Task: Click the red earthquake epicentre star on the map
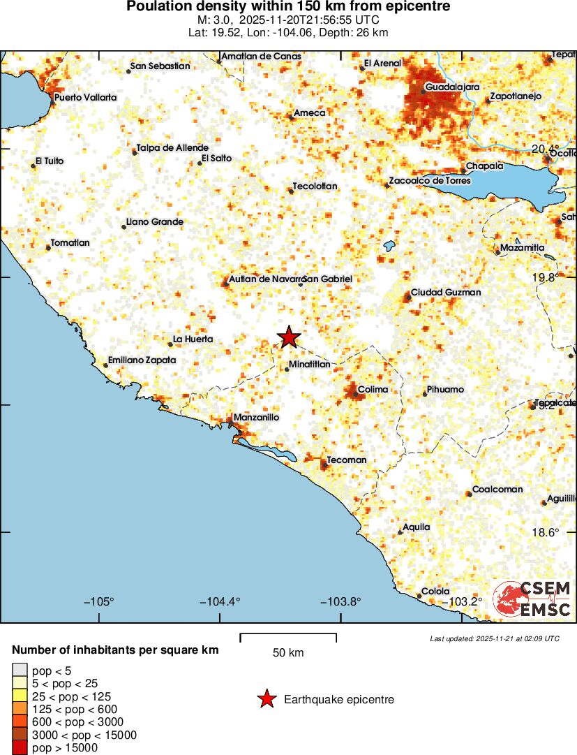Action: pos(289,337)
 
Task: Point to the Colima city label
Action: pos(373,390)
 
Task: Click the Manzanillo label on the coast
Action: pos(256,417)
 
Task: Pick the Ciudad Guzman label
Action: pos(446,292)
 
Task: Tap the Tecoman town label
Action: pos(347,460)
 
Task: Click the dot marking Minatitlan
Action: pos(287,369)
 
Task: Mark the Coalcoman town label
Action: pos(497,489)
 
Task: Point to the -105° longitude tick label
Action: pos(99,602)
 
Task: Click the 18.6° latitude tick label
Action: pos(545,532)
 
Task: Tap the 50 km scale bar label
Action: pos(288,653)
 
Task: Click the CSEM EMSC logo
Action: pos(532,599)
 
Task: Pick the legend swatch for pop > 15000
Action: pos(20,748)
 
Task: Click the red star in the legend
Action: pos(266,699)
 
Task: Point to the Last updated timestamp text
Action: pos(494,638)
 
